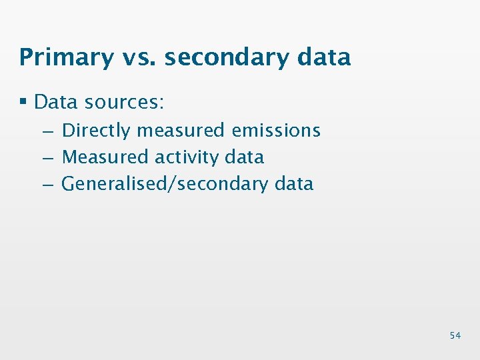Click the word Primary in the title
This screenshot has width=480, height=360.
tap(67, 57)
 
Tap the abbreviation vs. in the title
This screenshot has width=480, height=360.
tap(139, 57)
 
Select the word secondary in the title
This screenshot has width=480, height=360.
tap(226, 57)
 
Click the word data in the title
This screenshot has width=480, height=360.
tap(325, 57)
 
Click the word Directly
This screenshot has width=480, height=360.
tap(95, 131)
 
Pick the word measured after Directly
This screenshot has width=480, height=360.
tap(180, 131)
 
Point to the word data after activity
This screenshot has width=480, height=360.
tap(245, 157)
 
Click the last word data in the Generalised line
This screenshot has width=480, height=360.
tap(294, 184)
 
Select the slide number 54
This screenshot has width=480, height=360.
tap(455, 335)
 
